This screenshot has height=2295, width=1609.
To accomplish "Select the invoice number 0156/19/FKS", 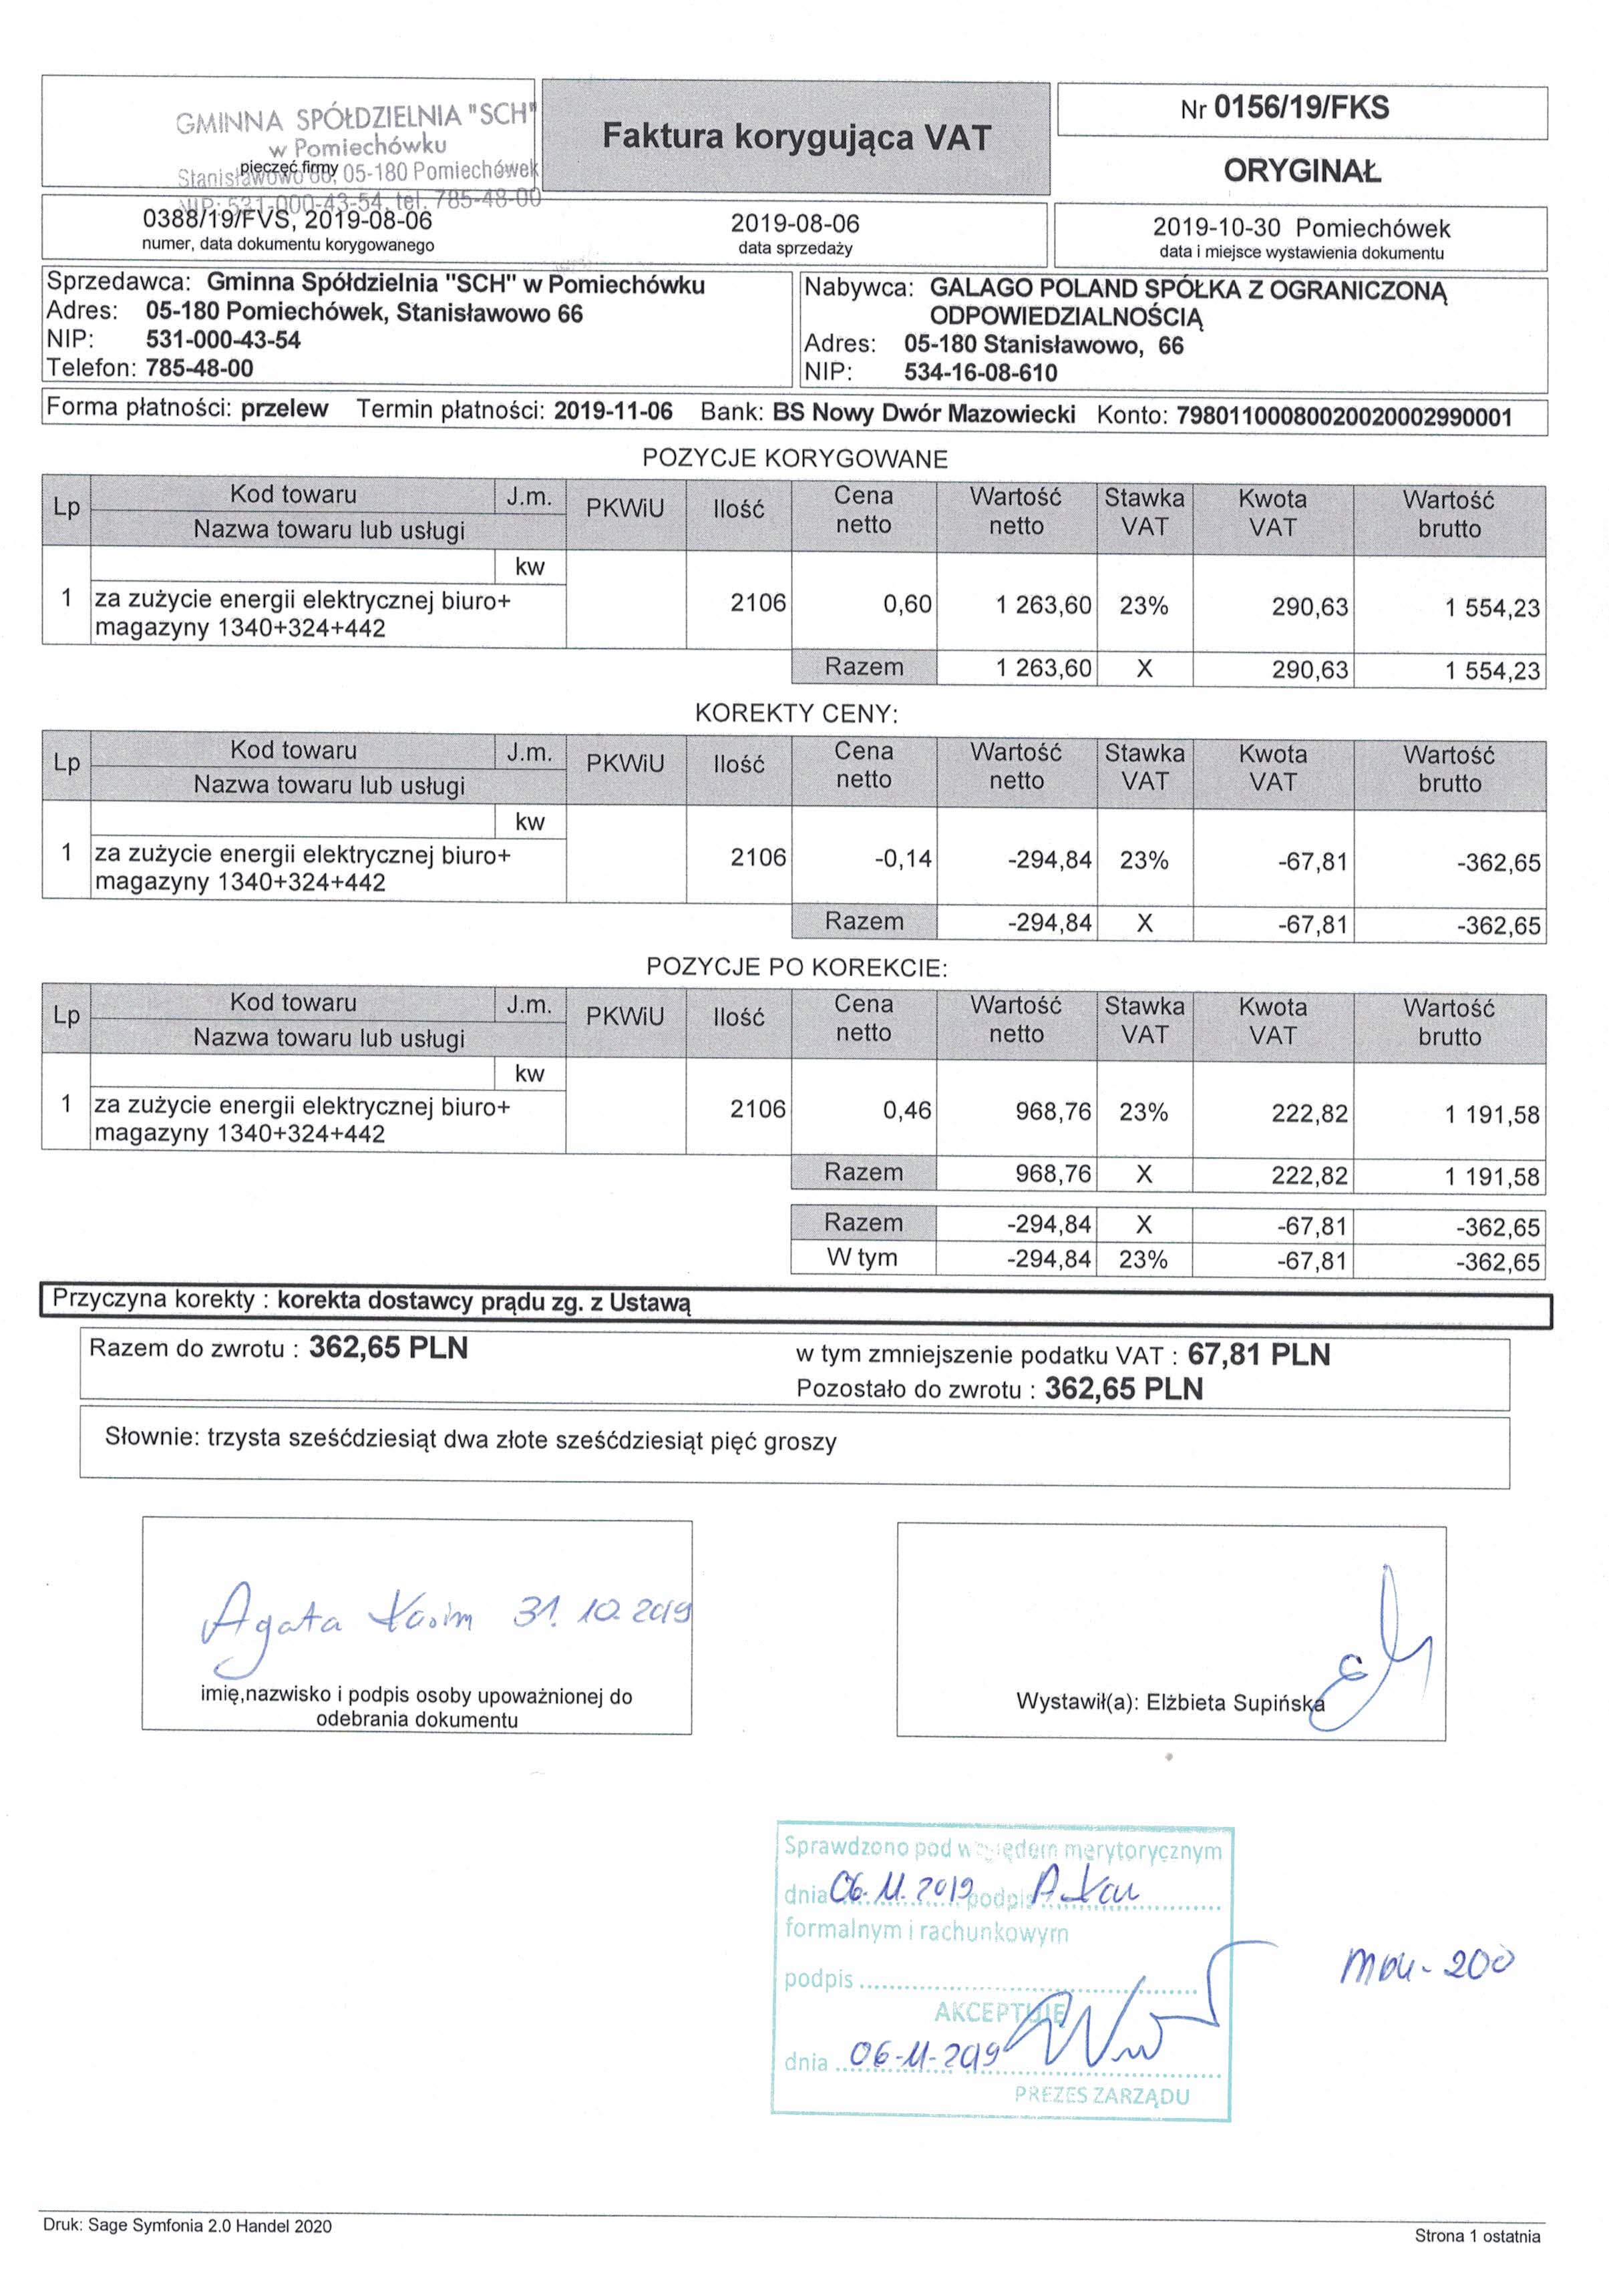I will (1301, 108).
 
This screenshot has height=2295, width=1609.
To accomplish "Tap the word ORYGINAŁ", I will (1301, 171).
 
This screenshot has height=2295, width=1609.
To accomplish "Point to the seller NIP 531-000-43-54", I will (223, 340).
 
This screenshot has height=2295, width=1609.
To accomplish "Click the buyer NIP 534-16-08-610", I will (980, 373).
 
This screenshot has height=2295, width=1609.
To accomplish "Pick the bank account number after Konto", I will (1343, 417).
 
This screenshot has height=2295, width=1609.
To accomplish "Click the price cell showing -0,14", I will (903, 859).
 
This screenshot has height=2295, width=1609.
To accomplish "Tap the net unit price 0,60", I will (907, 605).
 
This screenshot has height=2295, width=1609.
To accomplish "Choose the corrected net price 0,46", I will (907, 1110).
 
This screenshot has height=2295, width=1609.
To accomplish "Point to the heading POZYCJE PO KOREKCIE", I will (796, 968).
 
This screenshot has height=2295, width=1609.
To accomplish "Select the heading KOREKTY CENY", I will (796, 714).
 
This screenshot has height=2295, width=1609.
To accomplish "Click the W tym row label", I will (862, 1257).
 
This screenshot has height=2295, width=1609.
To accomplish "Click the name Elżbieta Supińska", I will (1234, 1702).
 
